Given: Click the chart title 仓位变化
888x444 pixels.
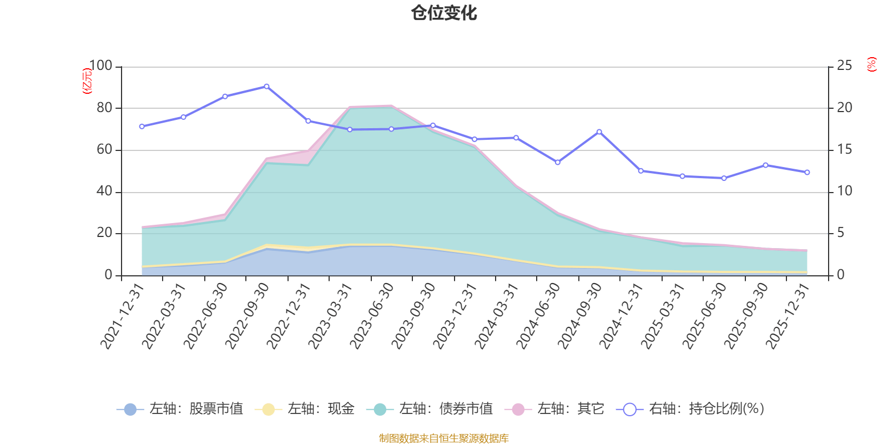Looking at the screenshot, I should point(444,13).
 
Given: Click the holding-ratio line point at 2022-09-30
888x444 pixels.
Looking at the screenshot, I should point(266,87).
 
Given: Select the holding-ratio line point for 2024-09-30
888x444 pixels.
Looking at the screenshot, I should point(599,132).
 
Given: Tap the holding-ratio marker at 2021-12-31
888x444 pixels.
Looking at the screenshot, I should point(142,127).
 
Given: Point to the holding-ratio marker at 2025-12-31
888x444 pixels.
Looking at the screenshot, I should point(807,173).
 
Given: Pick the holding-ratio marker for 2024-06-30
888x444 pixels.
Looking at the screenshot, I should point(557,162).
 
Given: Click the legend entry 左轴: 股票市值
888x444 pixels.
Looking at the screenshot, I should point(180,410).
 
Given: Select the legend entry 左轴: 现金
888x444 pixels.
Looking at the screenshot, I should point(305,410).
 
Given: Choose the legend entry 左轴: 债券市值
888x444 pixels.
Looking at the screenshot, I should point(430,410).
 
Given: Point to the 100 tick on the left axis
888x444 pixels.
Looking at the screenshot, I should point(100,66).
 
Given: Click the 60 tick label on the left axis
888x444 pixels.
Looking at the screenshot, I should point(104,150).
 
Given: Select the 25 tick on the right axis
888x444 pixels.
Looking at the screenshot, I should point(844,66).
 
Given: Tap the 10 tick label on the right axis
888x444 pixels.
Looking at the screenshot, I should point(844,191).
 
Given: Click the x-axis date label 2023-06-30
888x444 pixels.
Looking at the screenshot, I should point(372,315).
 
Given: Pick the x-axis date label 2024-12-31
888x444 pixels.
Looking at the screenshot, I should point(622,315).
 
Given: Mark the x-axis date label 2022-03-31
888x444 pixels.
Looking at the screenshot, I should point(164,315).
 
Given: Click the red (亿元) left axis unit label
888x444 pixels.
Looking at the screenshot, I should point(87,81).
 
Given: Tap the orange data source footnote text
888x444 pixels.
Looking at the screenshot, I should point(444,438).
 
